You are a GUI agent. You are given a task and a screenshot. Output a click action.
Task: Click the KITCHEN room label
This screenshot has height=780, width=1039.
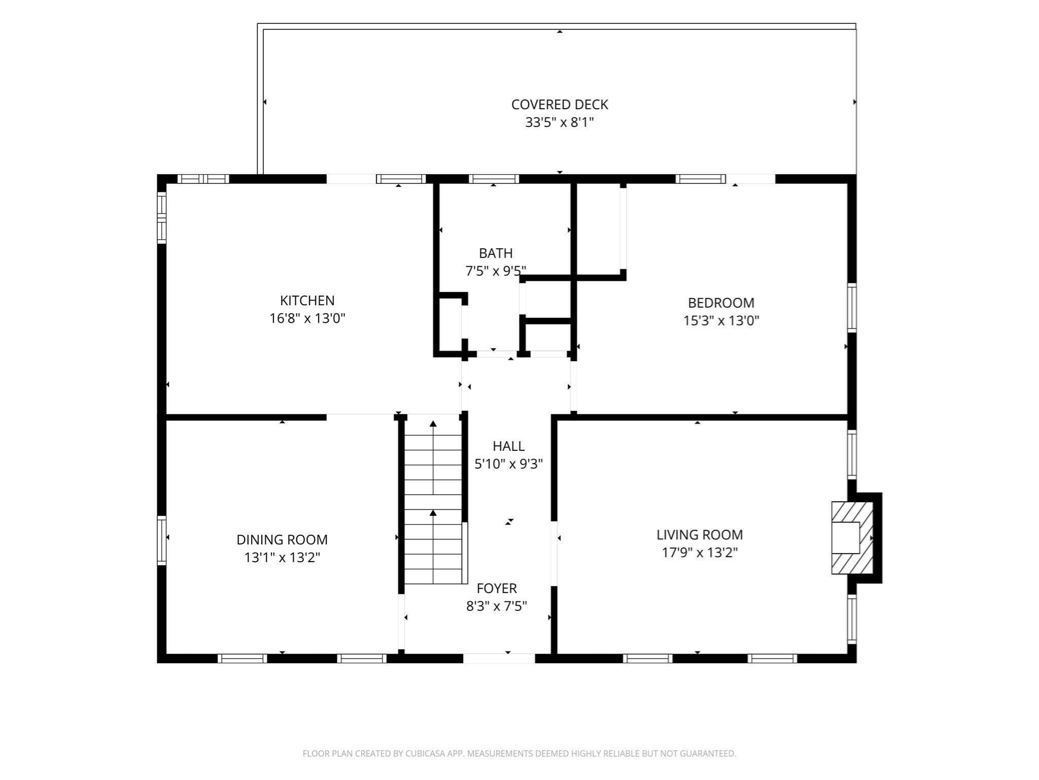tap(307, 300)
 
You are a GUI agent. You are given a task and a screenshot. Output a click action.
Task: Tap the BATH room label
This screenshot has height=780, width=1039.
tap(496, 253)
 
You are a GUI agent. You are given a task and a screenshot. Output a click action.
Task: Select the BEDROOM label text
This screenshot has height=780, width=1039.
tap(721, 303)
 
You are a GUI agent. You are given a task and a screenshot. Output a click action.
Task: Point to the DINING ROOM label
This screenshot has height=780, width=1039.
tap(282, 539)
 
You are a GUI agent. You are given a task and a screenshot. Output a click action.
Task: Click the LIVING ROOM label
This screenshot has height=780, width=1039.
tap(700, 534)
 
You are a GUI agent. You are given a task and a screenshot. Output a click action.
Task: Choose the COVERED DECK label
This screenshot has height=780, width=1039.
tap(560, 104)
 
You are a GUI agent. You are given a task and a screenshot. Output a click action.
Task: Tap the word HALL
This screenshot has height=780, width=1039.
tap(508, 446)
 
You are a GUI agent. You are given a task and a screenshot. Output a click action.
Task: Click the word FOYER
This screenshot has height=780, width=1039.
tap(497, 588)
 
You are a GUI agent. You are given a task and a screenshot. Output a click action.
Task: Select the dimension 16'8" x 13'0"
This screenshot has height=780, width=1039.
tap(307, 318)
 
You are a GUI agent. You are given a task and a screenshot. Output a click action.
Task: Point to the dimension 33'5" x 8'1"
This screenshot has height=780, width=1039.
tap(560, 122)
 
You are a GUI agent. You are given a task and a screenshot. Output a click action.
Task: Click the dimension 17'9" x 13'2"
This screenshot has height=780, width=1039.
tap(700, 552)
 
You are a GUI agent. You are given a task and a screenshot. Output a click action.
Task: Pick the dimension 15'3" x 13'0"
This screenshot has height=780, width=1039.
tap(721, 320)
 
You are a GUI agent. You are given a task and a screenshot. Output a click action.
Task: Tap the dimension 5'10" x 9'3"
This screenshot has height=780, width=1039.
tap(508, 464)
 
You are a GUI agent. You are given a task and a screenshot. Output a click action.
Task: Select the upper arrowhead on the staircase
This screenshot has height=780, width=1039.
tap(433, 424)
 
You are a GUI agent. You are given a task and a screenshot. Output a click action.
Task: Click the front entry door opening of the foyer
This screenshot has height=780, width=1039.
tap(499, 658)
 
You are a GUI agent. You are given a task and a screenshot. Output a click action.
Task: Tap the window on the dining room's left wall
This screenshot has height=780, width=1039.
tap(162, 540)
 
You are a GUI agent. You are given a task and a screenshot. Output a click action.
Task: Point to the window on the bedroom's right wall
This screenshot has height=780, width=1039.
tap(852, 308)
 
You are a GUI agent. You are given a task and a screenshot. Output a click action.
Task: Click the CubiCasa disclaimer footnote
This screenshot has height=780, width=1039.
tap(519, 754)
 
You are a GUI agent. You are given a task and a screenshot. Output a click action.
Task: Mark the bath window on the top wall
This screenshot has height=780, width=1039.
tap(494, 179)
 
